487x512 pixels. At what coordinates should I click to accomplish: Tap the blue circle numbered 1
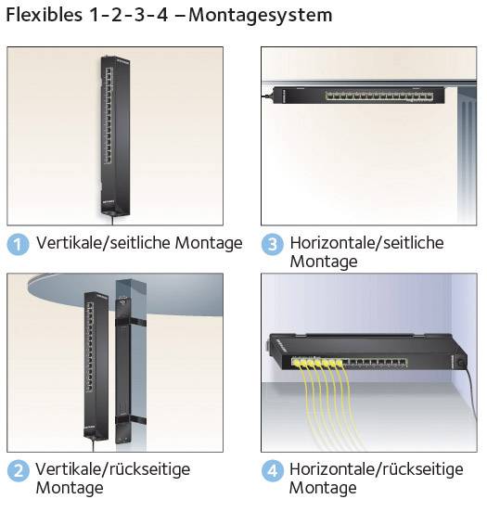(x=19, y=244)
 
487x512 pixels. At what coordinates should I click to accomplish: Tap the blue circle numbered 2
(x=19, y=471)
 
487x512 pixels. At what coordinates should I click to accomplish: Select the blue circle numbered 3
(x=272, y=244)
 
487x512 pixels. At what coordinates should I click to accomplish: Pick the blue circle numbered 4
(x=272, y=471)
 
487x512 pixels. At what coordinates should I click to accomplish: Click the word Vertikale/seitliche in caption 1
(x=100, y=243)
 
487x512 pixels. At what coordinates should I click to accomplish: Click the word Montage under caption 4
(x=323, y=488)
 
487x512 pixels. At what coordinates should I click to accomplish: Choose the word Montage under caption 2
(x=70, y=488)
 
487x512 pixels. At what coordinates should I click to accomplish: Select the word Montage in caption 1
(x=211, y=243)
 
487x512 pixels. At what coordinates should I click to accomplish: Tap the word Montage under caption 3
(x=323, y=262)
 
